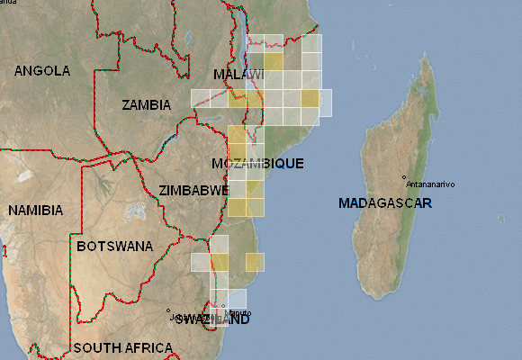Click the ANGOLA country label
pyautogui.click(x=42, y=70)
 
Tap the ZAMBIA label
pyautogui.click(x=146, y=105)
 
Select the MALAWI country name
pyautogui.click(x=238, y=74)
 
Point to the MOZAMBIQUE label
pyautogui.click(x=257, y=164)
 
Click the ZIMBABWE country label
pyautogui.click(x=193, y=191)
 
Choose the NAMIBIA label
pyautogui.click(x=36, y=211)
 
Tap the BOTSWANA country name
pyautogui.click(x=114, y=246)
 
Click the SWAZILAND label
pyautogui.click(x=212, y=319)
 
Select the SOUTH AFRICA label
pyautogui.click(x=123, y=348)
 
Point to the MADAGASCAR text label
pyautogui.click(x=384, y=203)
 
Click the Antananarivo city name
pyautogui.click(x=431, y=184)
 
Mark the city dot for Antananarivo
pyautogui.click(x=405, y=177)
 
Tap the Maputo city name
pyautogui.click(x=239, y=313)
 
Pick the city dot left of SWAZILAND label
pyautogui.click(x=168, y=312)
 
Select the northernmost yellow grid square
pyautogui.click(x=274, y=62)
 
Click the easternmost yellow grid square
pyautogui.click(x=310, y=98)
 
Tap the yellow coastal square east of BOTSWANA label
pyautogui.click(x=255, y=262)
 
